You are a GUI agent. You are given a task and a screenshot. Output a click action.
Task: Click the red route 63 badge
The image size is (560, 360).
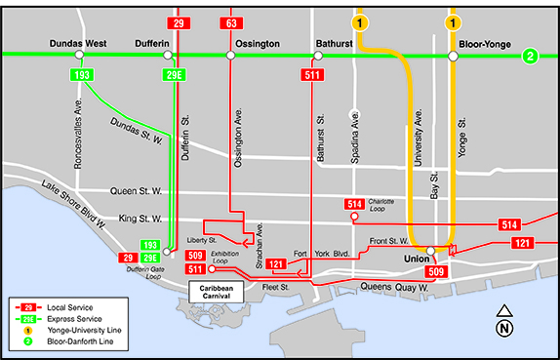(x=231, y=22)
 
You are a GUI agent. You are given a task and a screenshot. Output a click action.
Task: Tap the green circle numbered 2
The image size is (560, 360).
(x=530, y=56)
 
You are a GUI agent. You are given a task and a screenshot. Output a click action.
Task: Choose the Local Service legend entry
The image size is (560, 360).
(x=68, y=307)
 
